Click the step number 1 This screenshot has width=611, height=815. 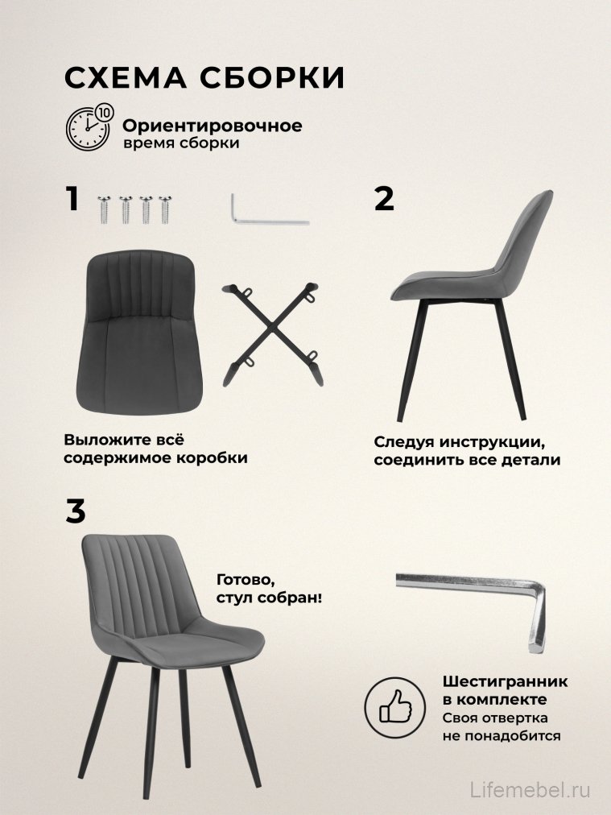click(72, 198)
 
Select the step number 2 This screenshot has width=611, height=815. click(385, 198)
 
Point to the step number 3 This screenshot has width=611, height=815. click(75, 511)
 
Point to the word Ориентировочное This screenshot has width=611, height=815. click(213, 126)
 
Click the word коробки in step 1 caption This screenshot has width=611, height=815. click(210, 458)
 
